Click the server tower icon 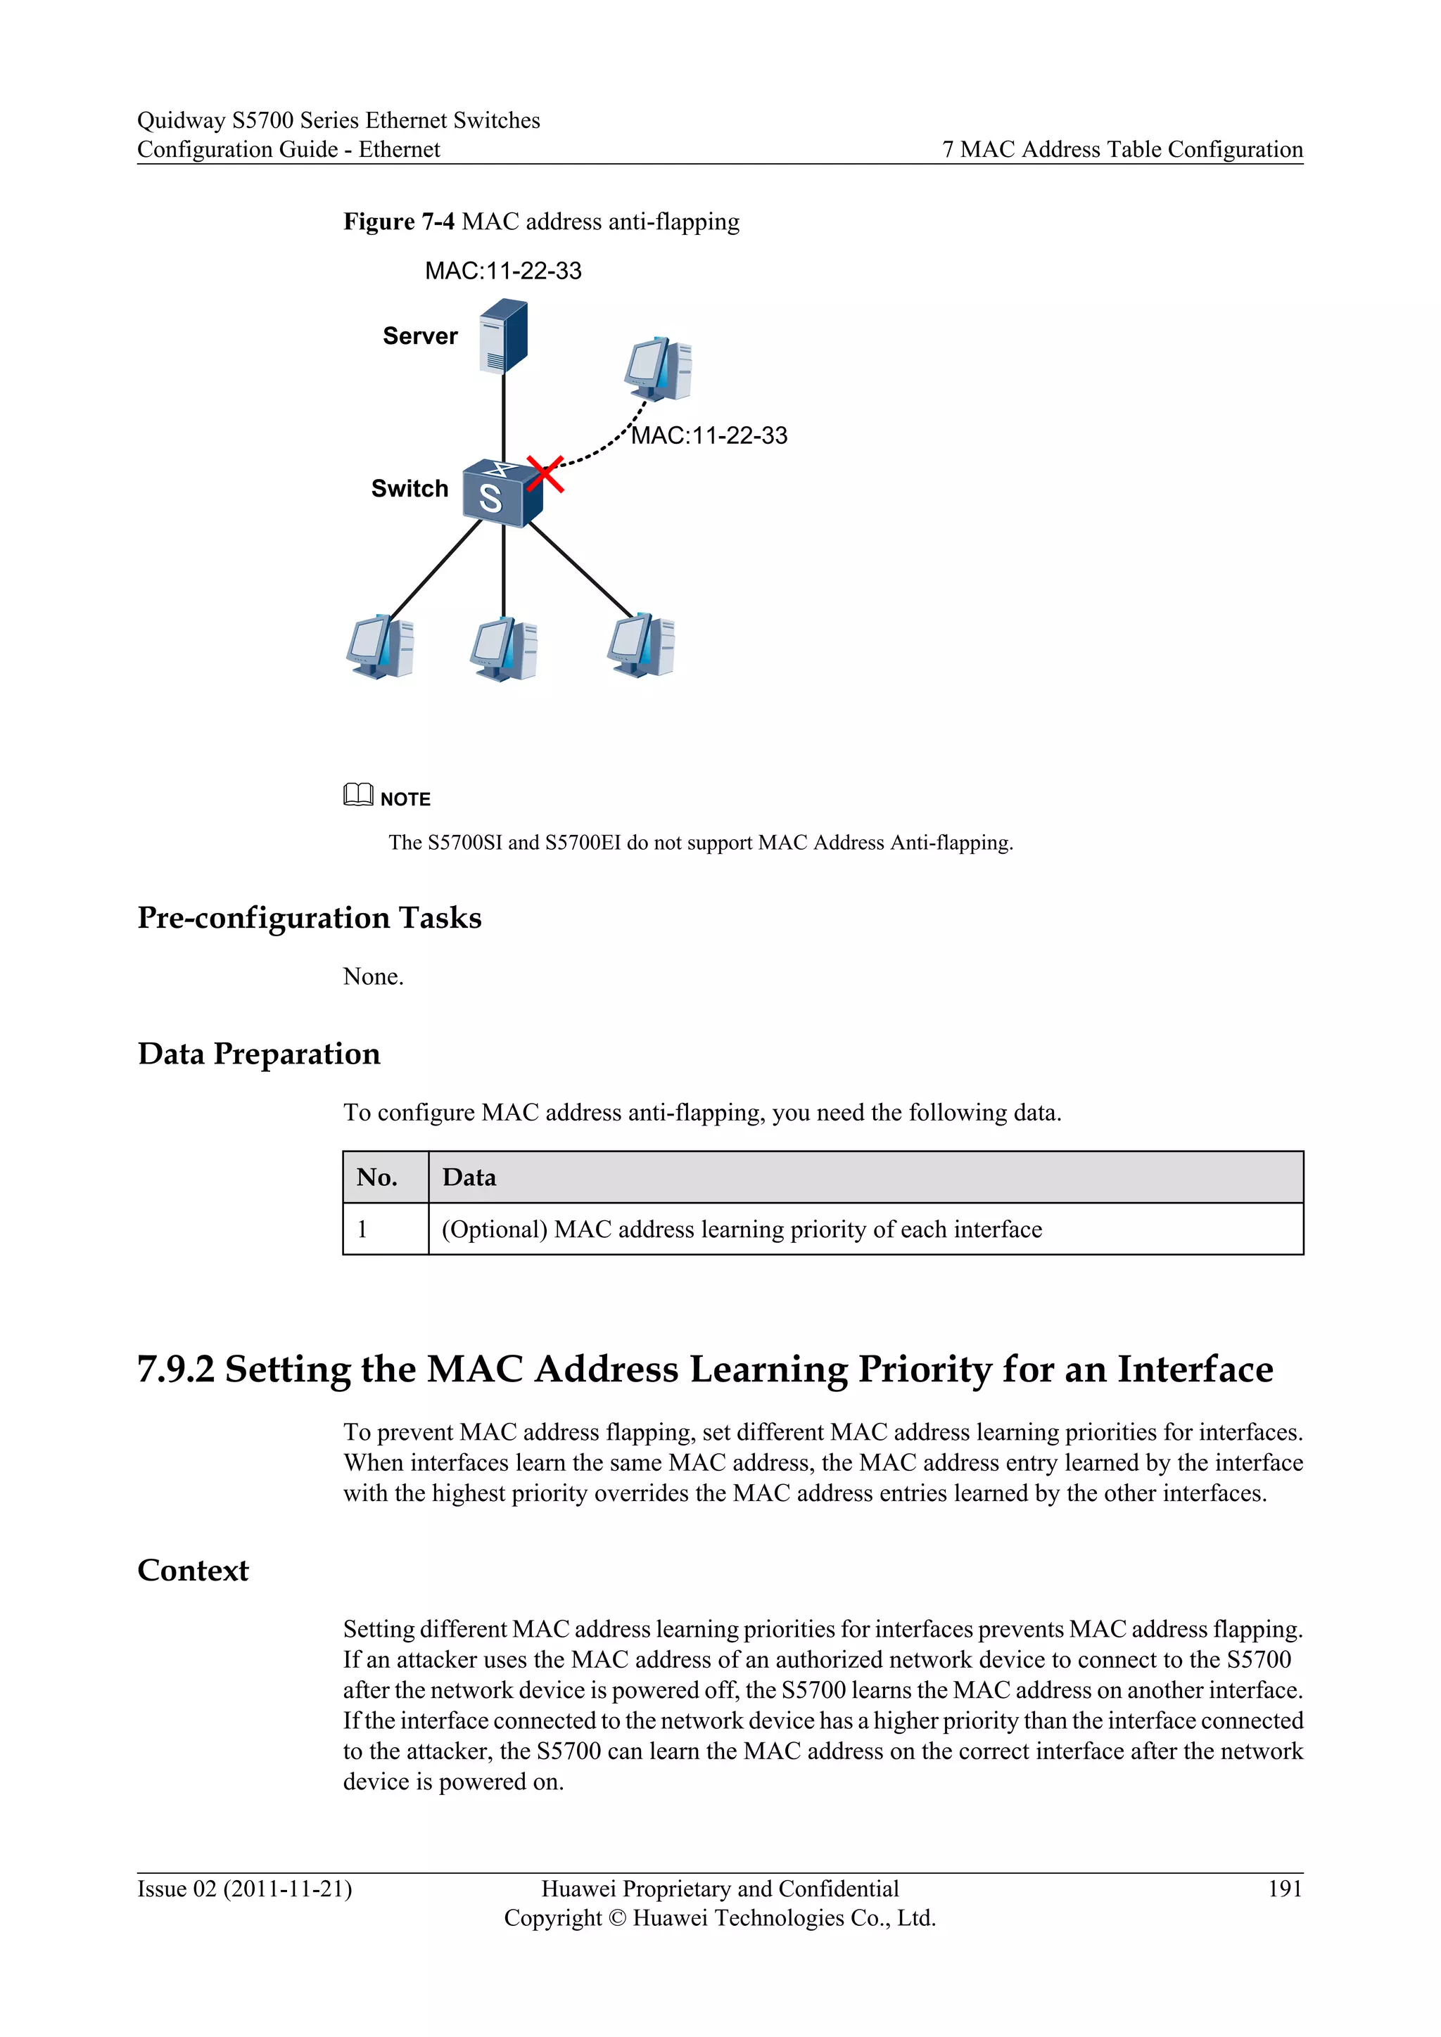click(503, 337)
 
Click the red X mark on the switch click(545, 474)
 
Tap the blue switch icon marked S click(500, 493)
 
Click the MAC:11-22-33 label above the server click(503, 271)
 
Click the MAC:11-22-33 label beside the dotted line click(709, 435)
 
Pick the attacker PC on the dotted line click(657, 369)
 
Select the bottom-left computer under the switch click(381, 647)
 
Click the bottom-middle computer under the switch click(504, 649)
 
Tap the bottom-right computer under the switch click(642, 645)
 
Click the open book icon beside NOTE click(358, 794)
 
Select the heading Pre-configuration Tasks click(309, 917)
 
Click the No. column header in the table click(377, 1177)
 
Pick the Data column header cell click(469, 1177)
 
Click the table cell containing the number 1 click(363, 1230)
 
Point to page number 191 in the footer click(1284, 1889)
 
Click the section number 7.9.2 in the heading click(176, 1369)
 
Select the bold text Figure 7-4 click(398, 222)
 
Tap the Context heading click(193, 1571)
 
